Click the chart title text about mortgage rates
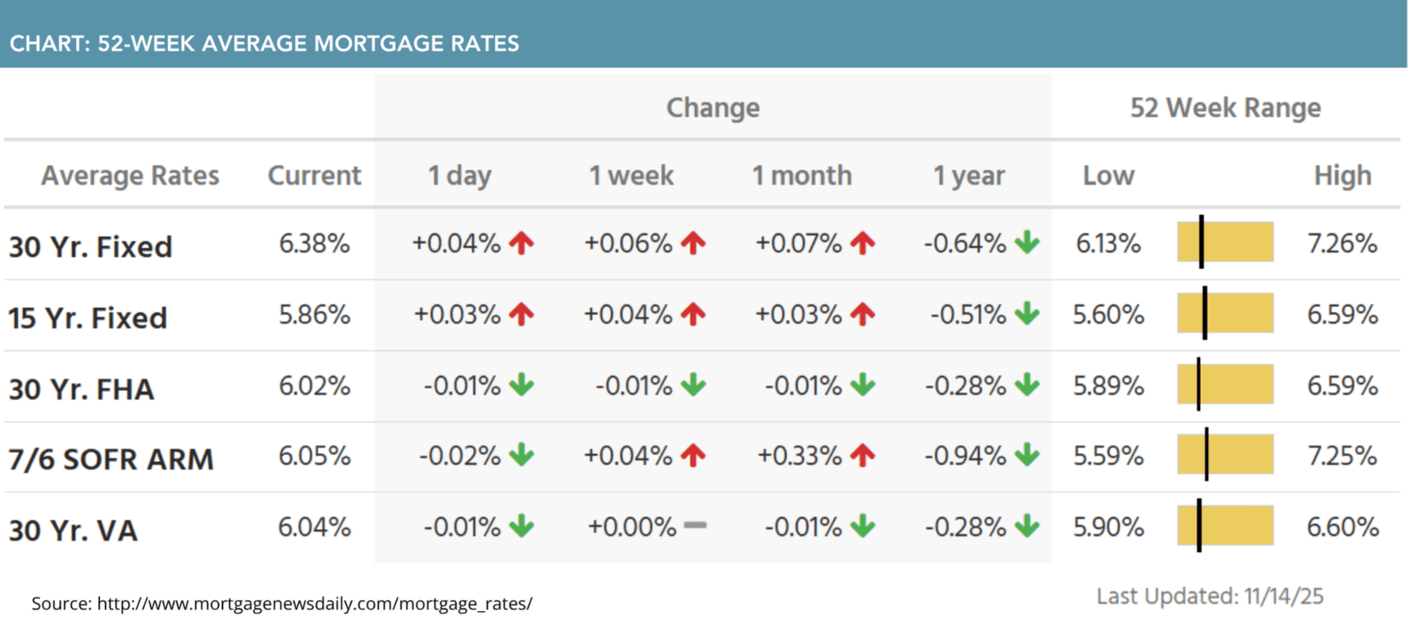[x=264, y=43]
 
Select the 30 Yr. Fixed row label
[x=90, y=247]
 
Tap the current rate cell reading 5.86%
[x=314, y=315]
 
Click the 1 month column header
[x=802, y=175]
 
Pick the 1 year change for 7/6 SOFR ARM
[x=964, y=456]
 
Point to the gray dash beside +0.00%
[x=695, y=525]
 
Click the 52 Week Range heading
[x=1225, y=108]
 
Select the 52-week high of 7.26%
[x=1342, y=243]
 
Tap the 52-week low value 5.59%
[x=1108, y=456]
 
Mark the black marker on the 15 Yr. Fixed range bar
[x=1205, y=313]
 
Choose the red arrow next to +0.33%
[x=863, y=455]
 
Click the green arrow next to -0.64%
[x=1027, y=242]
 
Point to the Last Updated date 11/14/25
[x=1283, y=596]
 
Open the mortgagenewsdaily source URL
[x=314, y=604]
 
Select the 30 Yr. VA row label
[x=73, y=530]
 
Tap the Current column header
[x=314, y=175]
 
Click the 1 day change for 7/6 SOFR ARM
[x=459, y=456]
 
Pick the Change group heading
[x=712, y=108]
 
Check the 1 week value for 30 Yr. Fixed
[x=628, y=243]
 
